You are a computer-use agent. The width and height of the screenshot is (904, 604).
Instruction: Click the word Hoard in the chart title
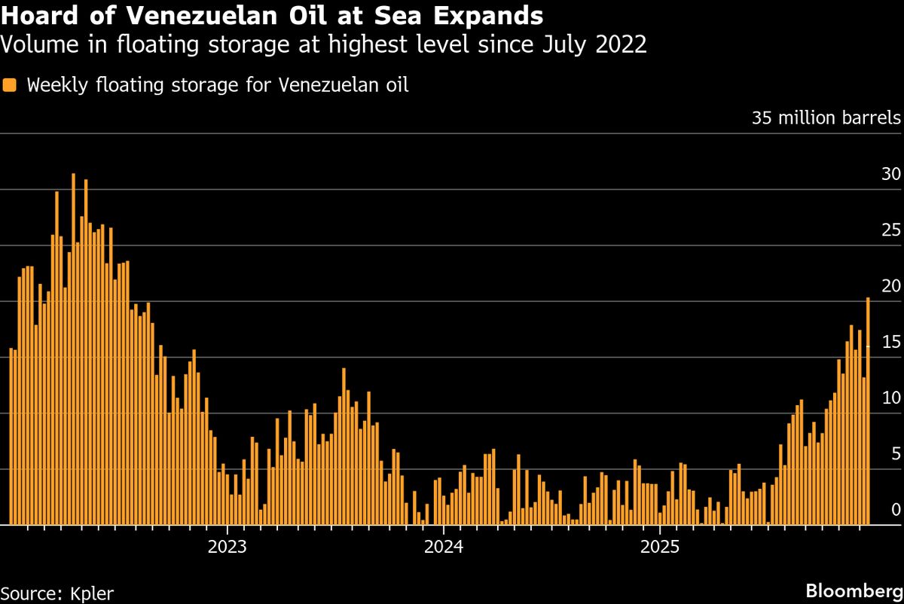point(36,15)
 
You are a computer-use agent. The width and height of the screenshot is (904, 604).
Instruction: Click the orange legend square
point(10,84)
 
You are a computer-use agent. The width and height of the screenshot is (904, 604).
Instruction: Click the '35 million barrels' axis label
point(826,118)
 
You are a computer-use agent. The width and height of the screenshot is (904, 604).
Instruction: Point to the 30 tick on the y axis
point(890,174)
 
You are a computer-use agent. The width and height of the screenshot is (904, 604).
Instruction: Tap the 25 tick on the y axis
point(890,230)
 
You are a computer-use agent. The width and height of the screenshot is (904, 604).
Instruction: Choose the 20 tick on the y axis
point(890,286)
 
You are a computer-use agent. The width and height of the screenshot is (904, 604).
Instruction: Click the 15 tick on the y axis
point(890,342)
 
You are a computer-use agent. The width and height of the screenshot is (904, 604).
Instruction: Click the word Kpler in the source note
point(90,593)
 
